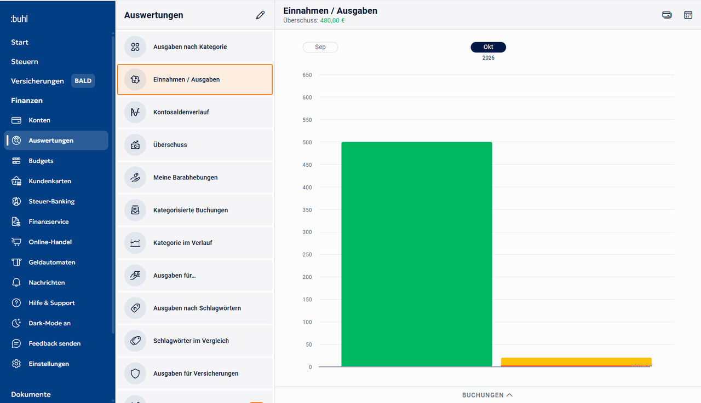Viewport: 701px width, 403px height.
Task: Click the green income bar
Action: coord(417,254)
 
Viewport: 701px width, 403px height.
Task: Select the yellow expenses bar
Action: coord(576,362)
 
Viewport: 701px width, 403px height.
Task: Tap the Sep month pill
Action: coord(320,47)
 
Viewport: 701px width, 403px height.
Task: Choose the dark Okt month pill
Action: coord(488,47)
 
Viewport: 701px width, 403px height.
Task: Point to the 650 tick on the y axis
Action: coord(307,75)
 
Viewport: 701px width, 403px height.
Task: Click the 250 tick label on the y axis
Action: coord(307,255)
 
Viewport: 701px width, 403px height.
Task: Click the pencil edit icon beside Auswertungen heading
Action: coord(260,15)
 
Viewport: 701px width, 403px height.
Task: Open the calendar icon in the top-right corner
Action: coord(688,15)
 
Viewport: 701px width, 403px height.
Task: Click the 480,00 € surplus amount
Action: coord(332,21)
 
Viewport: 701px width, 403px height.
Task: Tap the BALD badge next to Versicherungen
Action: coord(83,81)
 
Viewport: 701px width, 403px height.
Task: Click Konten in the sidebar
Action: coord(39,120)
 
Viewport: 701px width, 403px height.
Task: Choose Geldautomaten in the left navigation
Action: coord(52,262)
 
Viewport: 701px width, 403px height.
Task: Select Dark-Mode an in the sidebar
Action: coord(49,323)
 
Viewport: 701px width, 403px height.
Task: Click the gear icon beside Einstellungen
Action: coord(16,364)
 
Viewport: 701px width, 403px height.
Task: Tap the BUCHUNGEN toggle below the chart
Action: coord(487,395)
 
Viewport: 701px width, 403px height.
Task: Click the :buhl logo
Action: coord(19,19)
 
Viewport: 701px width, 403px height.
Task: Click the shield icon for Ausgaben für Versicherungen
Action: coord(135,373)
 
